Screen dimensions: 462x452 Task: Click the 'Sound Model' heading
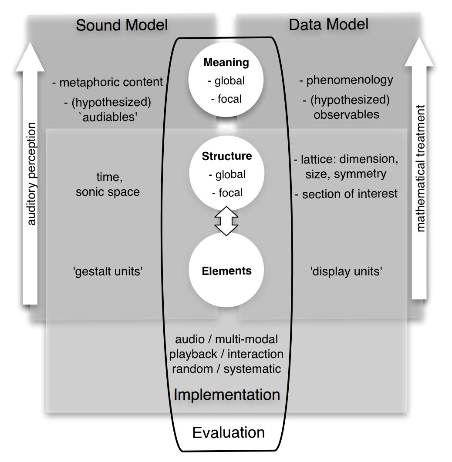click(121, 25)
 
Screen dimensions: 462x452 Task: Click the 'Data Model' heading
click(328, 24)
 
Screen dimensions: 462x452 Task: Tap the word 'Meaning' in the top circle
click(226, 62)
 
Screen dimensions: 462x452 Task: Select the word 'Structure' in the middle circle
click(226, 156)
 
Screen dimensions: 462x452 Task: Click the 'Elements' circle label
click(226, 271)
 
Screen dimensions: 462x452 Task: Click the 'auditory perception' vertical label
click(32, 174)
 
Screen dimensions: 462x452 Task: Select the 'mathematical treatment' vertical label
click(420, 168)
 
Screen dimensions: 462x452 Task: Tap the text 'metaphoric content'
click(111, 82)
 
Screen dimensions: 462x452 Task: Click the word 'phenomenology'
click(350, 80)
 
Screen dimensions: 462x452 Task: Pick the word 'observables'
click(346, 114)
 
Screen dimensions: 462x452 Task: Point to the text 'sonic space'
click(108, 191)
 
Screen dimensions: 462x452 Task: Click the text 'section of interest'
click(350, 194)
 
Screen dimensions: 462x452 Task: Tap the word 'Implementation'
click(226, 394)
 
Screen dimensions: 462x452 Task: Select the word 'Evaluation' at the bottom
click(228, 432)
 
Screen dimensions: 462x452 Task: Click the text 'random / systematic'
click(226, 369)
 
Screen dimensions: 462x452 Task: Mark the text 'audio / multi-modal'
click(226, 339)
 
